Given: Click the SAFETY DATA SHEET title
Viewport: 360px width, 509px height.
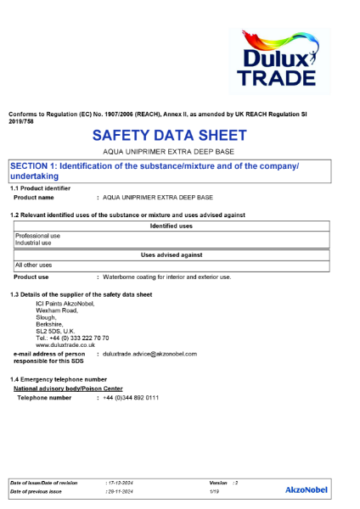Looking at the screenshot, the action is point(169,136).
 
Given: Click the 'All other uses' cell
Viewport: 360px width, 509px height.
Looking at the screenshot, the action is point(32,265).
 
